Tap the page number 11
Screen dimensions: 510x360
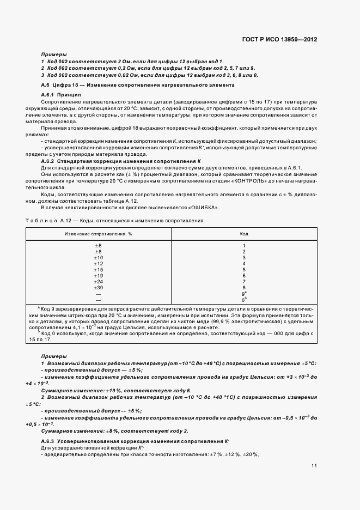click(x=314, y=466)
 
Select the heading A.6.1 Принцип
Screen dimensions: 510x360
click(x=61, y=95)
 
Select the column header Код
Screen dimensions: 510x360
click(x=244, y=233)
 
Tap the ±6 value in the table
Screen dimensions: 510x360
click(x=99, y=246)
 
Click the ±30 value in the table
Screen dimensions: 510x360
click(x=99, y=287)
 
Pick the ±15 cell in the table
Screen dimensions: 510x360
click(x=99, y=269)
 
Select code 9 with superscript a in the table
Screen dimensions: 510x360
click(x=244, y=293)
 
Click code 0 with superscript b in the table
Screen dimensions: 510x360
click(x=244, y=299)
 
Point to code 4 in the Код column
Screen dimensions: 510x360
click(x=244, y=264)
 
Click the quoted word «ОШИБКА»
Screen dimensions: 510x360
click(x=205, y=208)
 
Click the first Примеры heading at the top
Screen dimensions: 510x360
click(x=54, y=54)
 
